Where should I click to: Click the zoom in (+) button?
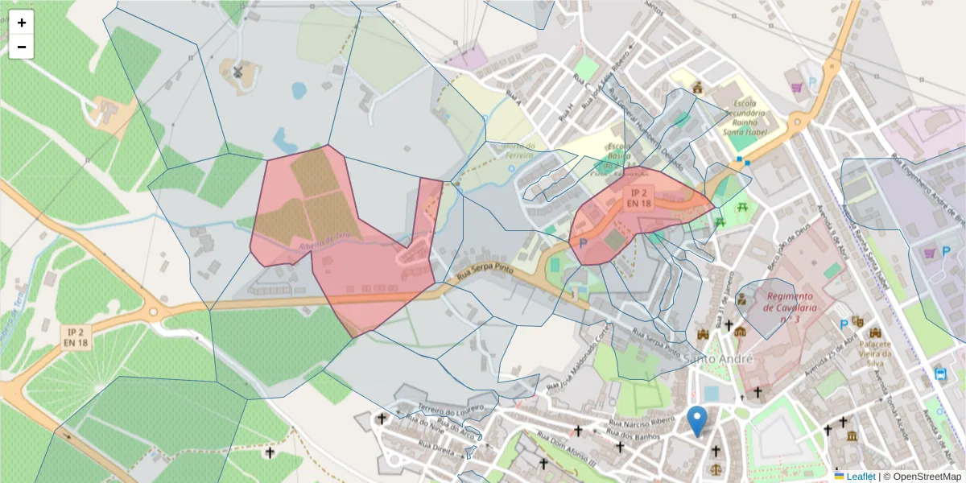22,23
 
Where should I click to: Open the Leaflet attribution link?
860,477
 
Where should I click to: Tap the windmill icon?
237,72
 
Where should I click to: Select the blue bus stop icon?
940,374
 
